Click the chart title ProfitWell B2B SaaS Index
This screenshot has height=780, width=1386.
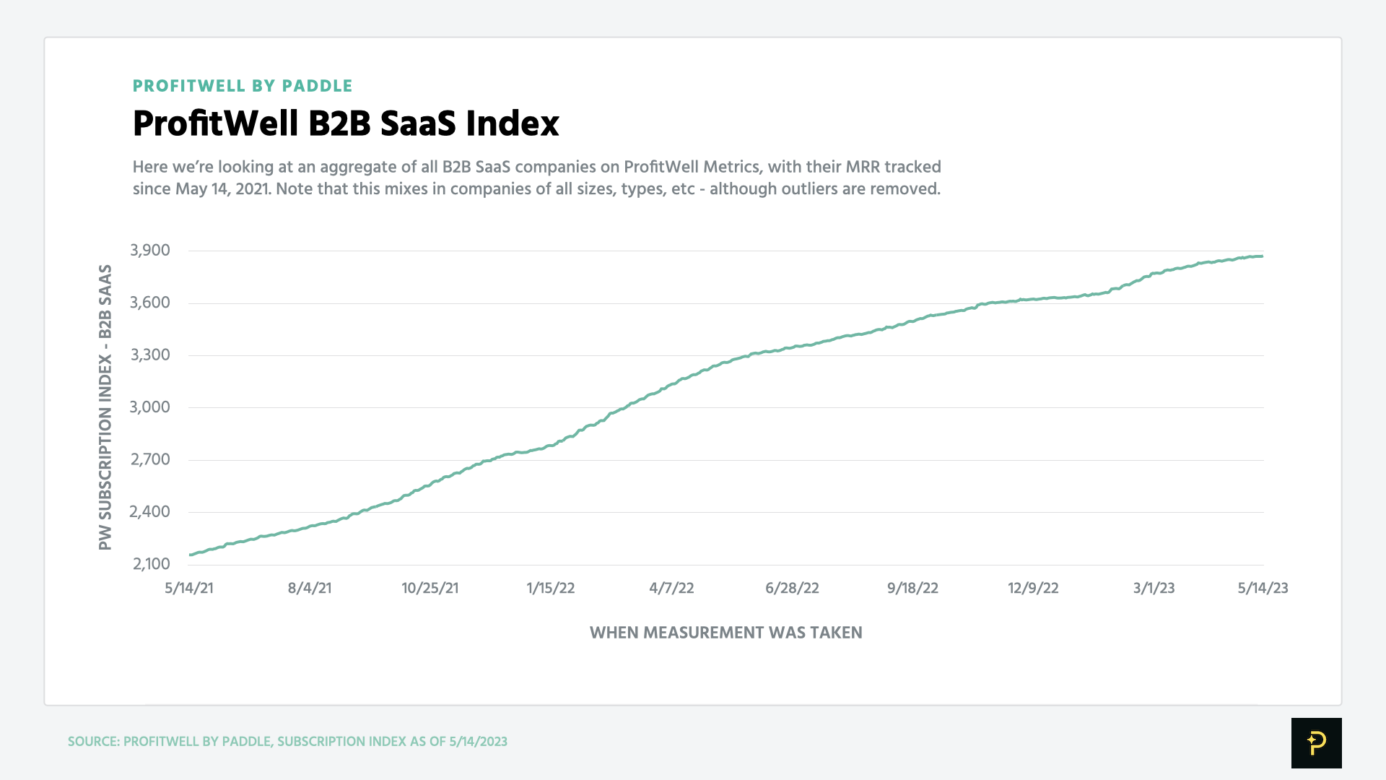click(x=346, y=123)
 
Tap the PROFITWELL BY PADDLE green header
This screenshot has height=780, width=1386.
click(x=243, y=86)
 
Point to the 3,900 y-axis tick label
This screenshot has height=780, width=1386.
click(x=150, y=251)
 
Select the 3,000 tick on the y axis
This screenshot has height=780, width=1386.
click(x=150, y=407)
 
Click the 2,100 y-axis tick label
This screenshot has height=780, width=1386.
click(x=151, y=564)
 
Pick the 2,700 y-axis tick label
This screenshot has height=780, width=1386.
click(x=150, y=459)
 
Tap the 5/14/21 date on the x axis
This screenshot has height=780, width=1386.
click(x=189, y=588)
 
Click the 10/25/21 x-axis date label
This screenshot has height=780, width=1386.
click(x=430, y=588)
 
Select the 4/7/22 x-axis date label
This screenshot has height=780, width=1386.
click(x=671, y=588)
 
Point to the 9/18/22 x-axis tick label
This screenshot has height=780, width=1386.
click(x=912, y=588)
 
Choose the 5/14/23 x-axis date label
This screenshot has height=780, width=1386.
click(x=1263, y=588)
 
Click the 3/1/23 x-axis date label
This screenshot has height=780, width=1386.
click(x=1154, y=588)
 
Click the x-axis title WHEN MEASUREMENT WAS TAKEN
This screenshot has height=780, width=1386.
click(x=725, y=633)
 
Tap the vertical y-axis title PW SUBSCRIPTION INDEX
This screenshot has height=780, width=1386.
click(x=105, y=407)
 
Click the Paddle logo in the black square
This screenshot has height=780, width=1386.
click(x=1316, y=742)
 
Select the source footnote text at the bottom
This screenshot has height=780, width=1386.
click(x=287, y=742)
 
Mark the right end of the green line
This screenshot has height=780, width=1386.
click(x=1262, y=256)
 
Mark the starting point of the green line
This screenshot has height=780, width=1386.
click(x=190, y=555)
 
